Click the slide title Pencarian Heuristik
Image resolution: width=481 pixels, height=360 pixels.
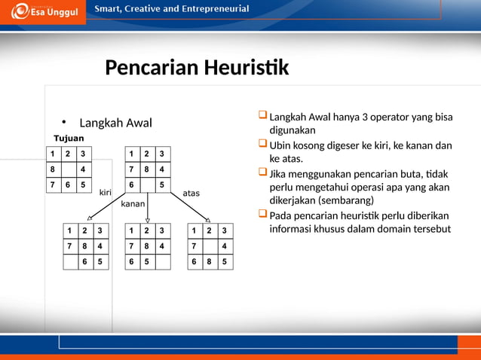pyautogui.click(x=197, y=69)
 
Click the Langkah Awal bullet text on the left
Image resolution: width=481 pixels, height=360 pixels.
pyautogui.click(x=115, y=124)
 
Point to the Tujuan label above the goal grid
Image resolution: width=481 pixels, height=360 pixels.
pyautogui.click(x=68, y=138)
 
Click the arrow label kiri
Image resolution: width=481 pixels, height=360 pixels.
pyautogui.click(x=106, y=193)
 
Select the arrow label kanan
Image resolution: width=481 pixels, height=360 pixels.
pyautogui.click(x=133, y=204)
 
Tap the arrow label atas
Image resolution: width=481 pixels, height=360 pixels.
pyautogui.click(x=191, y=194)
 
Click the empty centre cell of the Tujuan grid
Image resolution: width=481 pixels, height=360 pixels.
pyautogui.click(x=68, y=169)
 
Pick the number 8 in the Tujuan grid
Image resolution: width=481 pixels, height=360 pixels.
pyautogui.click(x=53, y=169)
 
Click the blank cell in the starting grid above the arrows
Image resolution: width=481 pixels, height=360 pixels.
pyautogui.click(x=147, y=185)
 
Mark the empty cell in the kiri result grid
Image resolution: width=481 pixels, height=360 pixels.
pyautogui.click(x=70, y=261)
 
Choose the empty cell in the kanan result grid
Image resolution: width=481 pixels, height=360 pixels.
pyautogui.click(x=163, y=261)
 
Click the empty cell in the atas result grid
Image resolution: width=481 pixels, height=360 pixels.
pyautogui.click(x=210, y=246)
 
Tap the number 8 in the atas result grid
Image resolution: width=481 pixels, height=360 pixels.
pyautogui.click(x=210, y=261)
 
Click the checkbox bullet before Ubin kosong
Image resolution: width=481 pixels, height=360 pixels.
pyautogui.click(x=262, y=145)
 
